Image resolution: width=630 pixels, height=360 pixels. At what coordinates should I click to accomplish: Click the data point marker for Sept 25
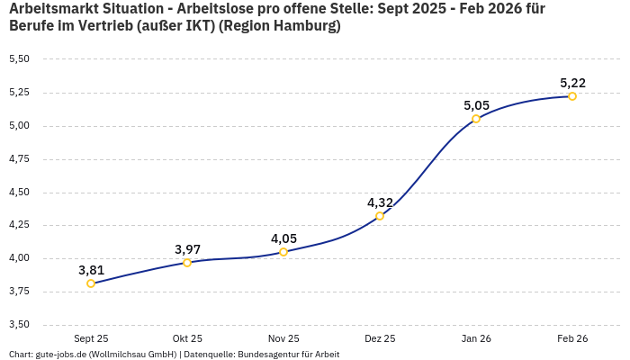click(91, 283)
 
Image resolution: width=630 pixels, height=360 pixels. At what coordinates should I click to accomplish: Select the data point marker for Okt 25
click(187, 263)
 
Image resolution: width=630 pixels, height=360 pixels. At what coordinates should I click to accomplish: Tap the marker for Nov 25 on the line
click(283, 252)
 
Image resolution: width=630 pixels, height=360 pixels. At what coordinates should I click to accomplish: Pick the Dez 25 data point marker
click(380, 216)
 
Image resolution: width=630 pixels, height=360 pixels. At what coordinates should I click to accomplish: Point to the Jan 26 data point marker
click(476, 119)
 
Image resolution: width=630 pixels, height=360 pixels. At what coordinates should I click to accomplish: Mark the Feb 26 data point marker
click(572, 96)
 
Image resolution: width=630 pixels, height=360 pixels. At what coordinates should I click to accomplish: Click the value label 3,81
click(91, 270)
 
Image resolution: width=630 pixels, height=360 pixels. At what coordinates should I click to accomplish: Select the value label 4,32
click(380, 202)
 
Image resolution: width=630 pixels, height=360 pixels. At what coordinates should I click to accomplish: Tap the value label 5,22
click(572, 83)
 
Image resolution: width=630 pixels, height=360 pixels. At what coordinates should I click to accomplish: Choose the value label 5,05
click(476, 105)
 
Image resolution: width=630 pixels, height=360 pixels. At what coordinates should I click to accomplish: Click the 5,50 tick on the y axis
click(19, 59)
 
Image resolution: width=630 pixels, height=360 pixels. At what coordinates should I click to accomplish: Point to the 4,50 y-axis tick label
click(19, 192)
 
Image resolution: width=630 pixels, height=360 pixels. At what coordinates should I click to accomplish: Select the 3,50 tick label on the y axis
click(19, 325)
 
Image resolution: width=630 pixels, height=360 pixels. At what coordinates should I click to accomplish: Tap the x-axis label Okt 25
click(187, 338)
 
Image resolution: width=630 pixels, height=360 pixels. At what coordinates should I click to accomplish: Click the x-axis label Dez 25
click(380, 338)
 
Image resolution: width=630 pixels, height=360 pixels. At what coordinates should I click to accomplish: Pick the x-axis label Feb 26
click(572, 338)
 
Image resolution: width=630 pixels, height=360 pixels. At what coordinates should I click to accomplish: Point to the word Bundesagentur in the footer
click(265, 355)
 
